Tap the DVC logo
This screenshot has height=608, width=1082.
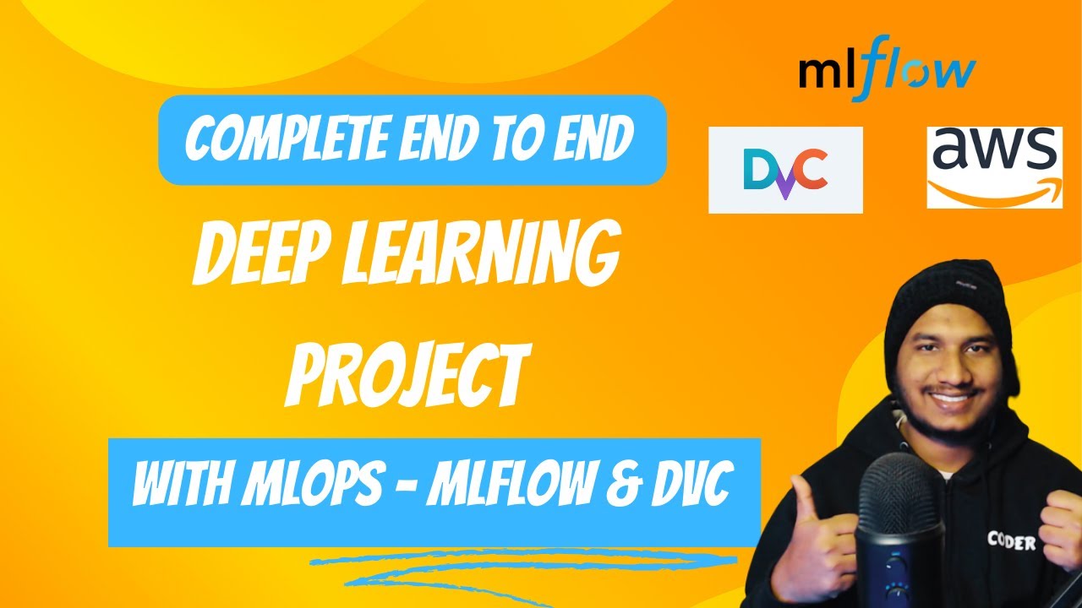[785, 170]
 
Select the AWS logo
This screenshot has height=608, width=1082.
[994, 166]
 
